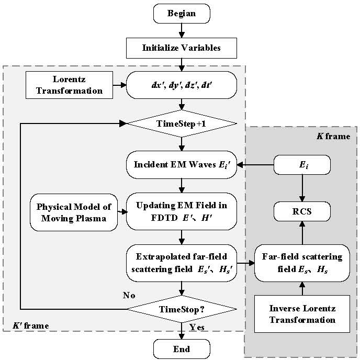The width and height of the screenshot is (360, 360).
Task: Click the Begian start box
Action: (181, 13)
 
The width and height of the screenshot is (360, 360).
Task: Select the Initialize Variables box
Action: (181, 48)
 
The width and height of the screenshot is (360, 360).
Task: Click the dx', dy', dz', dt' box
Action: (181, 84)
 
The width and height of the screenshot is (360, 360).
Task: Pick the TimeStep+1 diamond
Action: (181, 124)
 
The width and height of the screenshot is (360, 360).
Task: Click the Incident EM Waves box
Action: (181, 165)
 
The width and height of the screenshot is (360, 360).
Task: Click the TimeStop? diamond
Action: (181, 309)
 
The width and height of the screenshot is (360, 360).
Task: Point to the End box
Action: (181, 348)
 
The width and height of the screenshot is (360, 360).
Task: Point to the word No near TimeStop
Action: (129, 296)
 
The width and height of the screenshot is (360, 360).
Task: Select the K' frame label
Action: (31, 326)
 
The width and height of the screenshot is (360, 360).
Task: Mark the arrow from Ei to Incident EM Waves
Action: (256, 165)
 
